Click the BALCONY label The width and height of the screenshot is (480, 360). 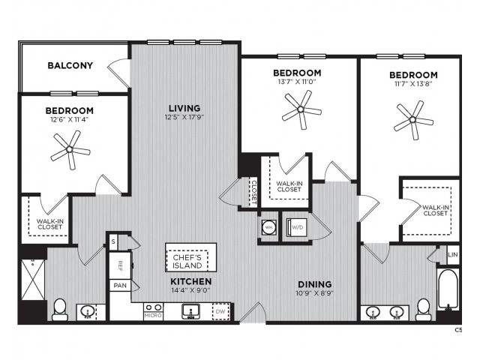(x=70, y=65)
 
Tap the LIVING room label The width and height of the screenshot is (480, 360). (x=184, y=108)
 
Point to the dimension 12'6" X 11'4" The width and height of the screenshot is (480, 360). (x=70, y=120)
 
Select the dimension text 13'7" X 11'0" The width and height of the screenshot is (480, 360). (x=297, y=82)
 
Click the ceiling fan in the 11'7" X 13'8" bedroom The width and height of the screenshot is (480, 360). (x=413, y=119)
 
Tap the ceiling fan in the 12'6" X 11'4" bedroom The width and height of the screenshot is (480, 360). (x=70, y=150)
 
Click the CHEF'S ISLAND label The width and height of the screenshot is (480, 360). (x=187, y=262)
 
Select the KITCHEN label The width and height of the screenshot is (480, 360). (x=191, y=281)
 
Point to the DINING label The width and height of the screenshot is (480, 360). (x=315, y=284)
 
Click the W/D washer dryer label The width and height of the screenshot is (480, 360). (x=298, y=227)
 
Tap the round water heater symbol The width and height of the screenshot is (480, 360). (x=269, y=227)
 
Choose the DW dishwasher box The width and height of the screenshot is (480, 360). (x=221, y=312)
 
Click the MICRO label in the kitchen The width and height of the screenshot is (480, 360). (x=153, y=315)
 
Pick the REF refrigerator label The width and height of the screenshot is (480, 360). (x=120, y=265)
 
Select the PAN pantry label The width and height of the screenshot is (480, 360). (x=120, y=286)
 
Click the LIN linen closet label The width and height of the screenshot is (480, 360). (x=453, y=255)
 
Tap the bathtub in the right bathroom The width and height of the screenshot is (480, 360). (x=448, y=289)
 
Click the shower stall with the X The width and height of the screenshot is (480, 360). (x=33, y=280)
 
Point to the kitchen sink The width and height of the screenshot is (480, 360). (x=190, y=311)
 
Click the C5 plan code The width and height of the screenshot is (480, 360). (x=458, y=330)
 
